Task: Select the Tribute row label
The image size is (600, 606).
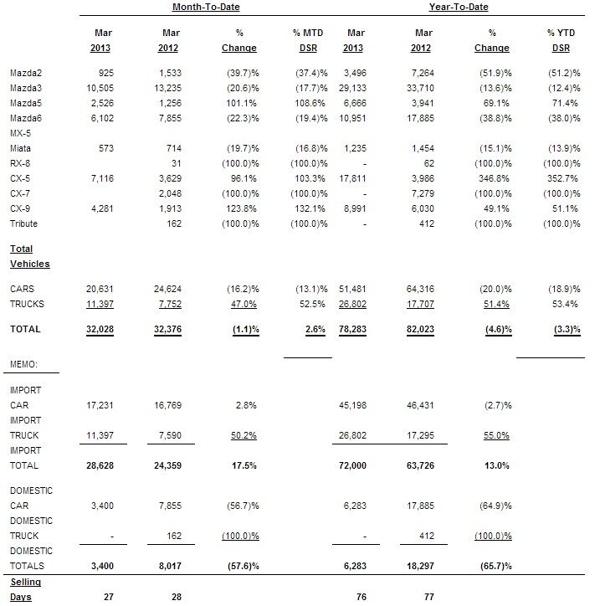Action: point(24,223)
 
